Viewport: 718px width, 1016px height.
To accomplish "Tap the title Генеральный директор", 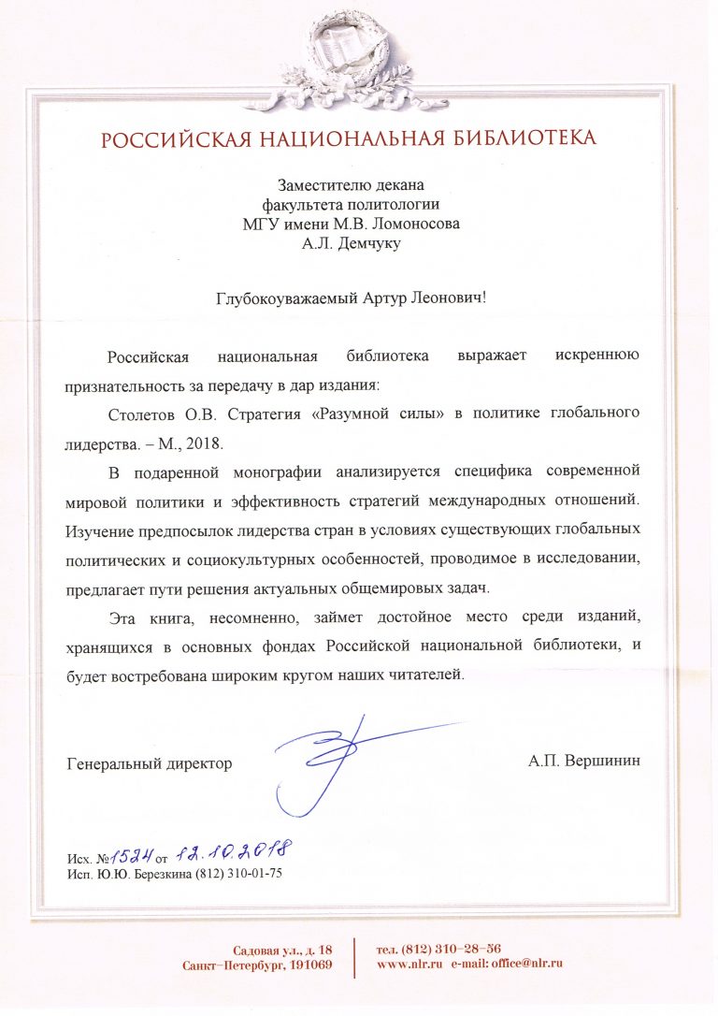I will point(150,763).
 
